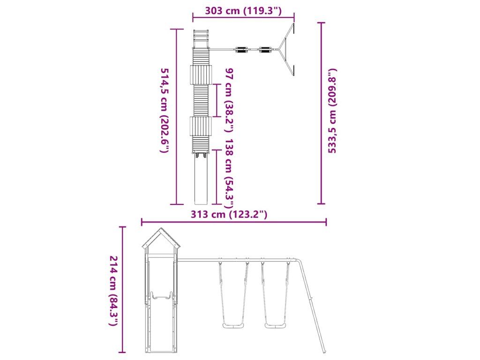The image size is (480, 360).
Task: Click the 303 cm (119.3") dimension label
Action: tap(243, 11)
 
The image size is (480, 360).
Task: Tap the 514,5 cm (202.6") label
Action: tap(165, 111)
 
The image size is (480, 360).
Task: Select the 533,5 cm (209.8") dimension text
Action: tap(332, 111)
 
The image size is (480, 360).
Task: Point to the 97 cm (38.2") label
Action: tap(230, 100)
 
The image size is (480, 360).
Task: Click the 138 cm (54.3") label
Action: tap(230, 173)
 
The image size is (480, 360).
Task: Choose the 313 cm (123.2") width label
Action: tap(229, 214)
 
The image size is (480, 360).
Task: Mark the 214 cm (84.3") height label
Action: tap(113, 291)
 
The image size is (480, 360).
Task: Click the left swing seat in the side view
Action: tap(233, 325)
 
